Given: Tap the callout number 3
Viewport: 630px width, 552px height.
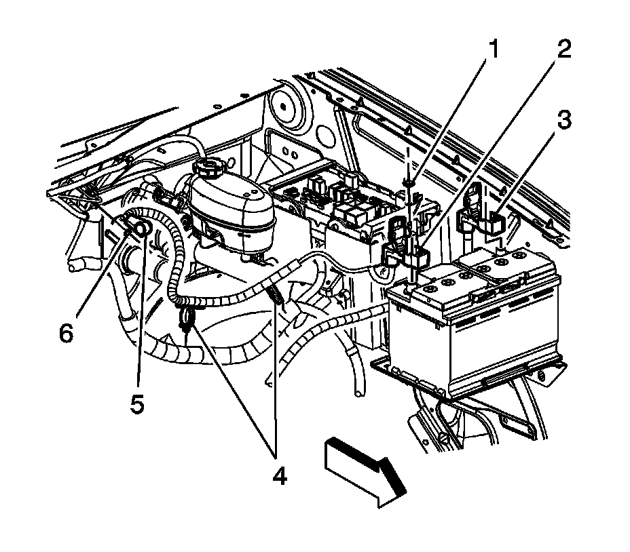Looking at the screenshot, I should [x=563, y=122].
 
